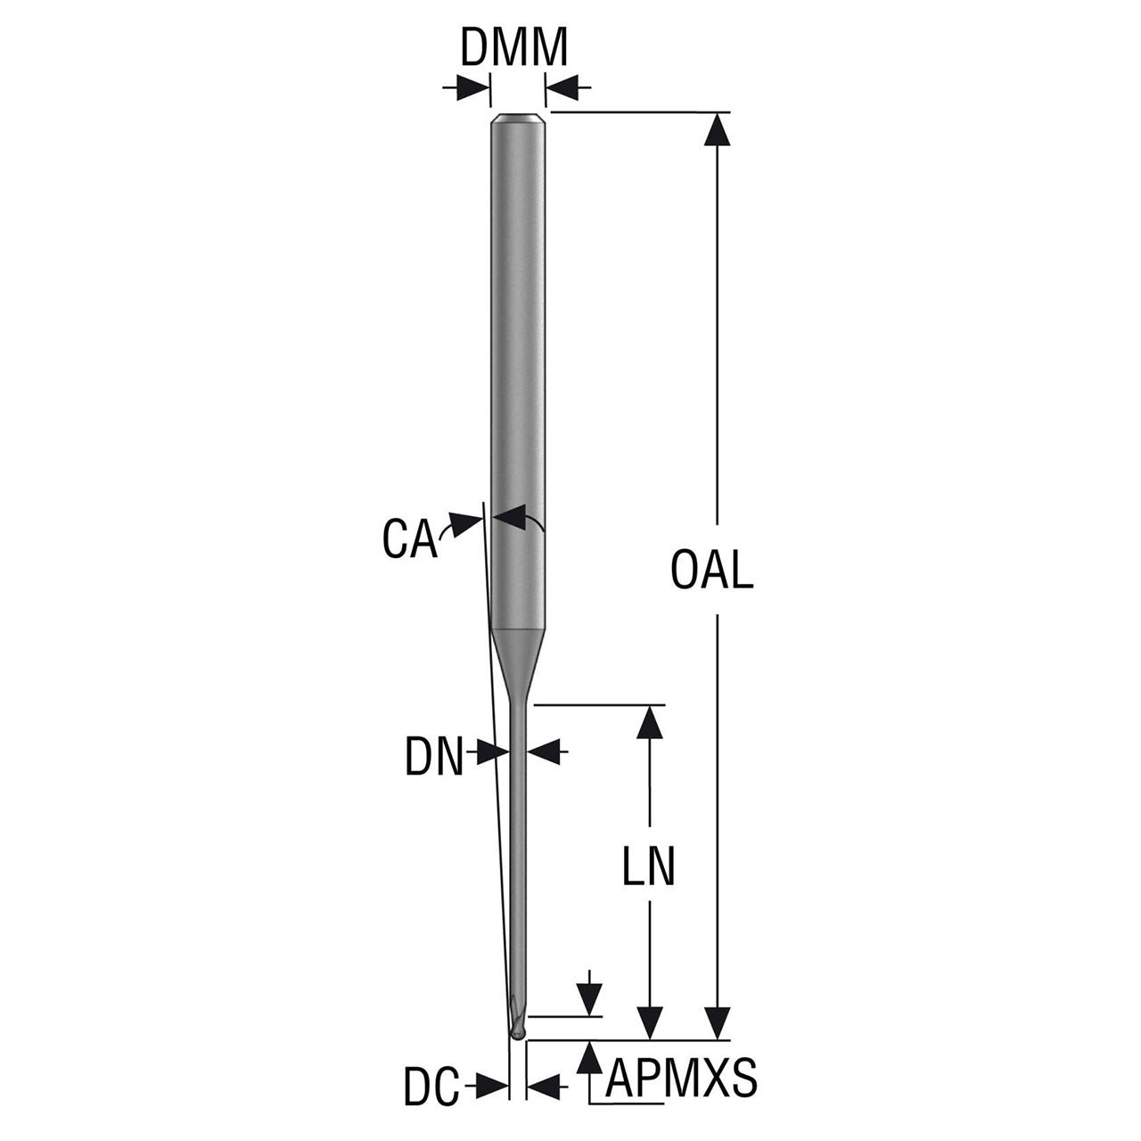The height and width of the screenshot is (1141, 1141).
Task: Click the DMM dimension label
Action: coord(513,48)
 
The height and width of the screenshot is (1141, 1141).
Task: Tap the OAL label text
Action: coord(711,570)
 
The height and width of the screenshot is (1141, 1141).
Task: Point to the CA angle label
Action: coord(409,538)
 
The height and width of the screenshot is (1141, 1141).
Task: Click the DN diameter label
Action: coord(434,756)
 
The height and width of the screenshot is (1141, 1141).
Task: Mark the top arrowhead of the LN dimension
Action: coord(650,721)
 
